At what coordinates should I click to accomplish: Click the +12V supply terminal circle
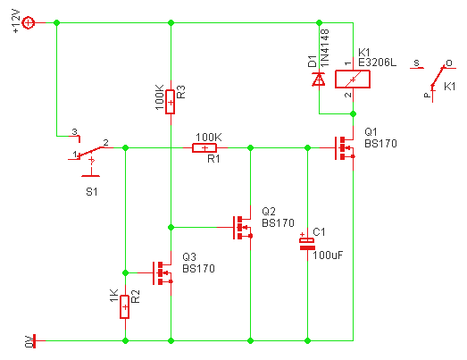[x=29, y=22]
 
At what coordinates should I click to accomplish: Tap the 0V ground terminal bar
[x=34, y=340]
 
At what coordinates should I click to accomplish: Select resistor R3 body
[x=170, y=102]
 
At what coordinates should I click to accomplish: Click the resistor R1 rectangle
[x=204, y=147]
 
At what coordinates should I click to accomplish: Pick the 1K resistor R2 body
[x=125, y=307]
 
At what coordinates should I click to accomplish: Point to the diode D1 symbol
[x=319, y=80]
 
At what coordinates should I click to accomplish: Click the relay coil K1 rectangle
[x=353, y=79]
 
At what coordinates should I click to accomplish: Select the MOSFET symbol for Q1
[x=345, y=148]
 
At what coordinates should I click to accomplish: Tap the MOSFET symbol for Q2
[x=243, y=228]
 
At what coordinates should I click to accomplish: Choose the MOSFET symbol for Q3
[x=163, y=273]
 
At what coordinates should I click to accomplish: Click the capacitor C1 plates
[x=307, y=244]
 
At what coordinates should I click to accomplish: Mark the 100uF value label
[x=328, y=255]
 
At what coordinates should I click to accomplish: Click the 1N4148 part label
[x=324, y=47]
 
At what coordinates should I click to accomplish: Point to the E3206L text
[x=377, y=63]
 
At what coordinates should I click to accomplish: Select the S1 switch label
[x=92, y=192]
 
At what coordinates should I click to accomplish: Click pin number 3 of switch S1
[x=74, y=131]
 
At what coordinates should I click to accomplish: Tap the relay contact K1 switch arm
[x=438, y=77]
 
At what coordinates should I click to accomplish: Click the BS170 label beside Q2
[x=278, y=223]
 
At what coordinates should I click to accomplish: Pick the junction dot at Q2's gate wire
[x=171, y=228]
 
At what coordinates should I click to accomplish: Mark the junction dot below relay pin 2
[x=354, y=113]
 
